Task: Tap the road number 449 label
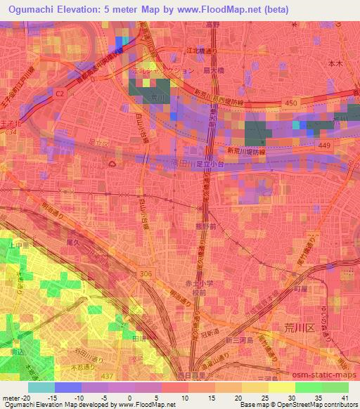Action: pyautogui.click(x=323, y=145)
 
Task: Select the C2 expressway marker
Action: pyautogui.click(x=59, y=91)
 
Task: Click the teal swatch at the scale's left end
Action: pyautogui.click(x=41, y=387)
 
